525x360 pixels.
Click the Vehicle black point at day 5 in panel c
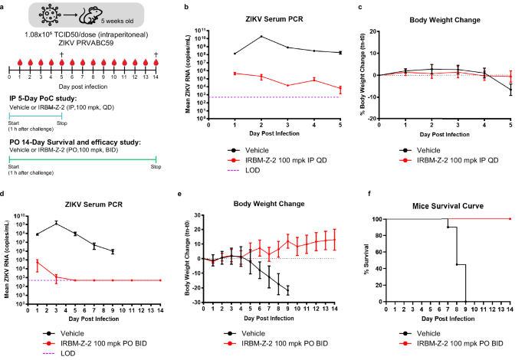510,90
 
